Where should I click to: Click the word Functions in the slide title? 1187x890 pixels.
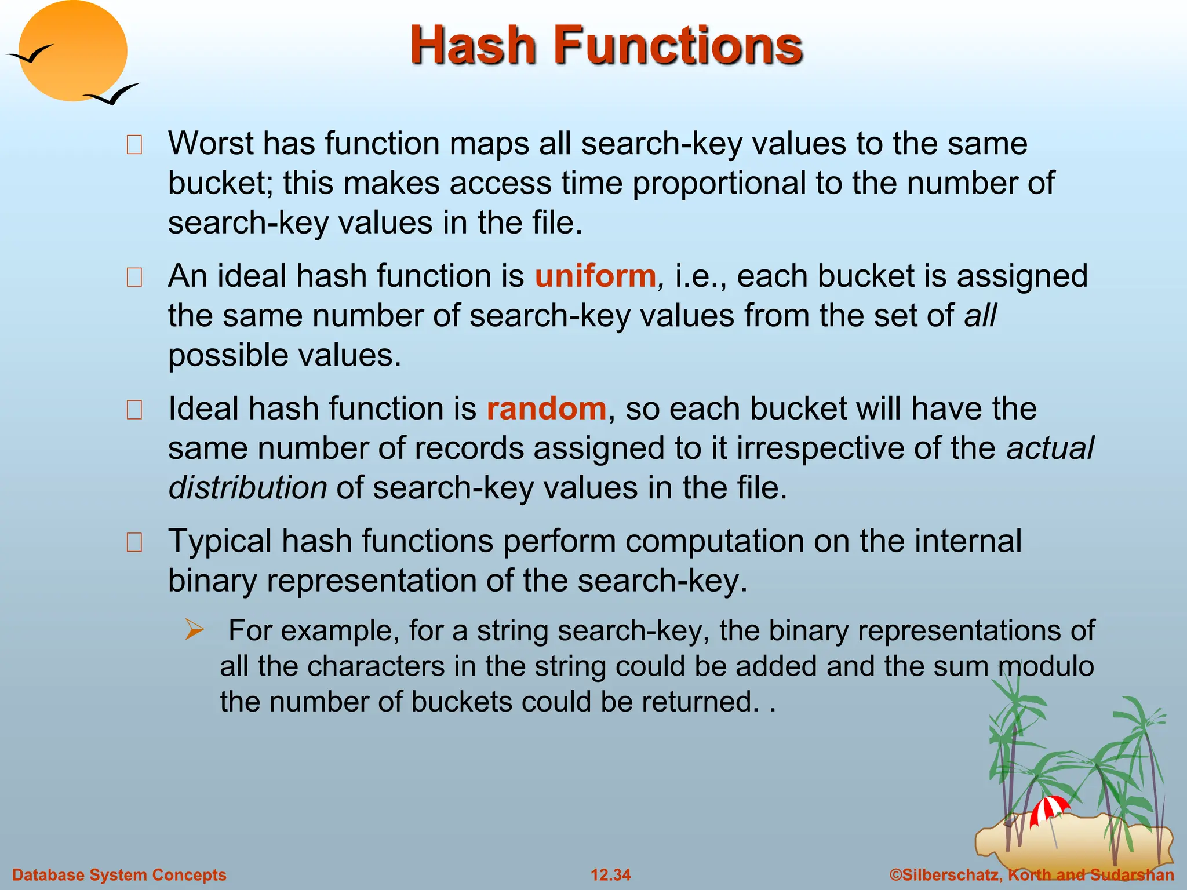(x=678, y=46)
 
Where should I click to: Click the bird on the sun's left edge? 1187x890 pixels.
(x=29, y=54)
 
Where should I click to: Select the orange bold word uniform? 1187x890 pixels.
(x=595, y=276)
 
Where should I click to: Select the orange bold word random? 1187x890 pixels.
(x=546, y=408)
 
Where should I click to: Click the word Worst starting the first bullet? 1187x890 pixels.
(x=210, y=143)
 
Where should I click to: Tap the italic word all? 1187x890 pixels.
(x=980, y=316)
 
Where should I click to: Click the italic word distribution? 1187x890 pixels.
(x=247, y=488)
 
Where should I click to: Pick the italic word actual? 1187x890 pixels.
(x=1050, y=448)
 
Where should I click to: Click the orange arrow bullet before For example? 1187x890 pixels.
(x=194, y=630)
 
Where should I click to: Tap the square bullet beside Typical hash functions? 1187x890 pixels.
(x=134, y=542)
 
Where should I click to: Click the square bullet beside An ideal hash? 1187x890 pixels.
(x=134, y=278)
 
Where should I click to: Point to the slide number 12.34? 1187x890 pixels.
(x=610, y=875)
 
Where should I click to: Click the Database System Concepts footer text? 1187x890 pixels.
(x=119, y=875)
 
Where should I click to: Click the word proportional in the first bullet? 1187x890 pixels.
(x=719, y=183)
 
